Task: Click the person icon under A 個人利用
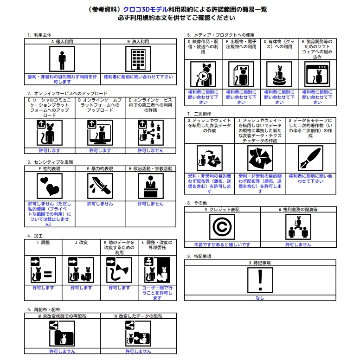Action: click(x=62, y=59)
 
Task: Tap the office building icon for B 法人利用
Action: click(x=138, y=59)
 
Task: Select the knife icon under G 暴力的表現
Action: click(x=100, y=186)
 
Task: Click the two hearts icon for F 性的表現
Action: click(x=50, y=186)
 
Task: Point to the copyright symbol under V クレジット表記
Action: click(x=222, y=227)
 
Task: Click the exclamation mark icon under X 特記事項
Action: click(x=260, y=280)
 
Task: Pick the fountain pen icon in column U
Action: click(x=310, y=158)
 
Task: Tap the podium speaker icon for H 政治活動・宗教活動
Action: click(x=151, y=186)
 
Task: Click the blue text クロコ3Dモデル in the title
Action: click(x=146, y=9)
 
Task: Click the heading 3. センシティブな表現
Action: click(x=50, y=162)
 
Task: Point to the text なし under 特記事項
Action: click(x=260, y=298)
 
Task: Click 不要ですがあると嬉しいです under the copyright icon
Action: click(x=222, y=245)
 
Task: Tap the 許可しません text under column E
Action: click(x=151, y=151)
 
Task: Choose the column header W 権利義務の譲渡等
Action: click(x=298, y=209)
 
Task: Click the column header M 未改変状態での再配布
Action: click(x=62, y=316)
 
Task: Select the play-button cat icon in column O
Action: click(x=203, y=74)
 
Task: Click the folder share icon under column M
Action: click(x=62, y=334)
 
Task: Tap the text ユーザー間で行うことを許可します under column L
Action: click(x=157, y=293)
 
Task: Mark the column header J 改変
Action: click(x=81, y=243)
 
